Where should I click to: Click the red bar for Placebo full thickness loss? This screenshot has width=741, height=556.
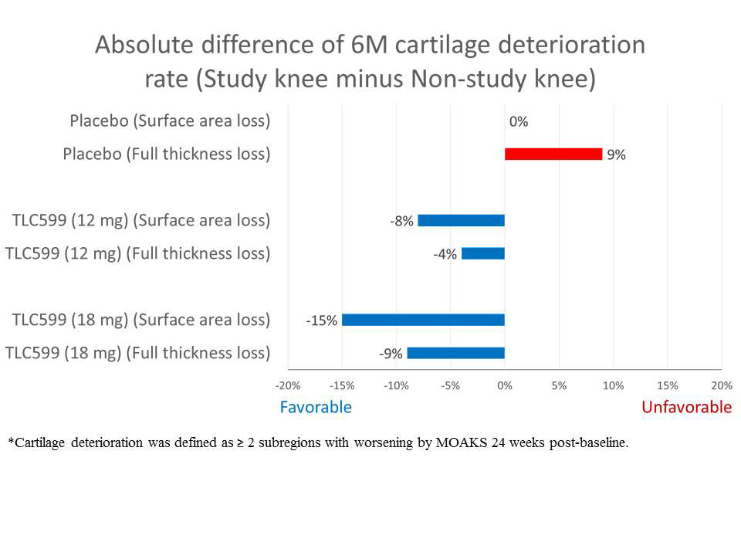553,154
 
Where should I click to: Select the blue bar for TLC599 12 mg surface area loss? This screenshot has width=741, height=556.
461,221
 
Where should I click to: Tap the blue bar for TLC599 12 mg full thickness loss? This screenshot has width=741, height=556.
482,253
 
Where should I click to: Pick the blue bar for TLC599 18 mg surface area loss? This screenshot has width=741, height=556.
423,320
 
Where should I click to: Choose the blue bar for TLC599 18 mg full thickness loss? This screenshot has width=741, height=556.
455,353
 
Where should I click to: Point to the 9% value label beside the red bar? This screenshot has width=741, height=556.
616,154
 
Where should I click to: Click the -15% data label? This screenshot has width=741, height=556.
322,320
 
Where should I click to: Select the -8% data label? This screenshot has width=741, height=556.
401,221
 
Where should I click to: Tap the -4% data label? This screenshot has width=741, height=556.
445,254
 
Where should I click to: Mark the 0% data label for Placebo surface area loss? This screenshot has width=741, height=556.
519,121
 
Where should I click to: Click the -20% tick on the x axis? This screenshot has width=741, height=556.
288,385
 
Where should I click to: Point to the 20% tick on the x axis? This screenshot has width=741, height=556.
721,385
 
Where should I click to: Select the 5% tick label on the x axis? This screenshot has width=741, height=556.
559,385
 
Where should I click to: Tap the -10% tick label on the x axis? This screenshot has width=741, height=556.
396,385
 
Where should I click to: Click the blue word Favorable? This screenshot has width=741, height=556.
316,407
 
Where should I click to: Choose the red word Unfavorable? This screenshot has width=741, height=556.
686,407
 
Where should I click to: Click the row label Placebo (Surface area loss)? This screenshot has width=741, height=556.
170,121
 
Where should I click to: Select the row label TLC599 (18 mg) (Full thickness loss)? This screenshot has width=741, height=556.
137,353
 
